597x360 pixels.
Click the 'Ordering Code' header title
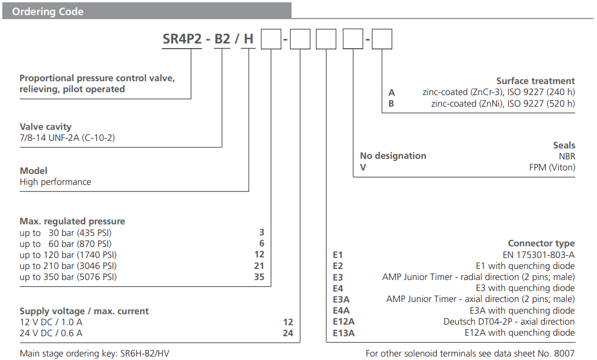[48, 12]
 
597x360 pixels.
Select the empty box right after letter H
[271, 40]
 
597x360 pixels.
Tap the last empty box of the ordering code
[381, 40]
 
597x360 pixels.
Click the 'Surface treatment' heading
[535, 81]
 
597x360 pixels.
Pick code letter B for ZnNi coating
[391, 104]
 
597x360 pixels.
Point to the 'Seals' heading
[563, 145]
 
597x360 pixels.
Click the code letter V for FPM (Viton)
[363, 167]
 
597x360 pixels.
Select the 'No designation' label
[393, 156]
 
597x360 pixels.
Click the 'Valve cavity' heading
[46, 126]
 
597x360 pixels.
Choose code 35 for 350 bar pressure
[259, 277]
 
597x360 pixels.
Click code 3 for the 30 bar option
[261, 232]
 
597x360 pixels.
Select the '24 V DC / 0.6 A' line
[51, 333]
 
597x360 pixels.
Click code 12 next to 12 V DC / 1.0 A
[288, 322]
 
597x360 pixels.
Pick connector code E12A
[343, 322]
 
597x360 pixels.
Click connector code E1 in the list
[338, 254]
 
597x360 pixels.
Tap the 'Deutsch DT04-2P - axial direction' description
[509, 322]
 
